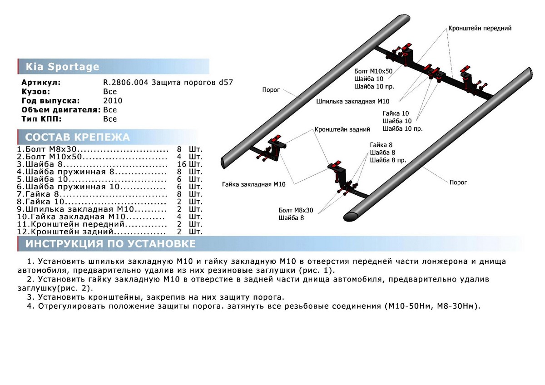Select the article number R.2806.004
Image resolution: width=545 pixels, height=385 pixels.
tap(124, 83)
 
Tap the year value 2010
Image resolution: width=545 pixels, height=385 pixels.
tap(113, 101)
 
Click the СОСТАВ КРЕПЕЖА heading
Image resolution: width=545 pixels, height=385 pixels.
tap(78, 138)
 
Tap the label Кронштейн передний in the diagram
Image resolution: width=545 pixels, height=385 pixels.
tap(480, 28)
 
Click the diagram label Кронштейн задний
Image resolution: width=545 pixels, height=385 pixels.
tap(342, 129)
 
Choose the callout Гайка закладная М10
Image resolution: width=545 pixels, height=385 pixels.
tap(253, 184)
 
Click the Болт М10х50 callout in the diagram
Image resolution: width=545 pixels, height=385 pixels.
tap(372, 71)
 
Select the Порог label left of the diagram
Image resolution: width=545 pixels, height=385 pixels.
tap(271, 90)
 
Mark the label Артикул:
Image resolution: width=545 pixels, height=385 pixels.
tap(40, 83)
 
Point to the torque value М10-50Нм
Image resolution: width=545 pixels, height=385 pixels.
tap(404, 306)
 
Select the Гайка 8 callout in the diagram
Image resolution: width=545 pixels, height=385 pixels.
tap(381, 145)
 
